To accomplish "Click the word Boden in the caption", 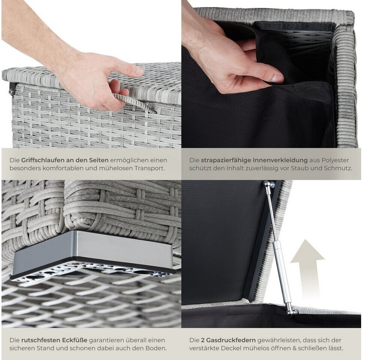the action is coord(156,348).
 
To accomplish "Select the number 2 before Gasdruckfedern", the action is coord(202,340).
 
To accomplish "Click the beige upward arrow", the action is coord(308,268).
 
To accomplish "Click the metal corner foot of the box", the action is coord(93,255).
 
